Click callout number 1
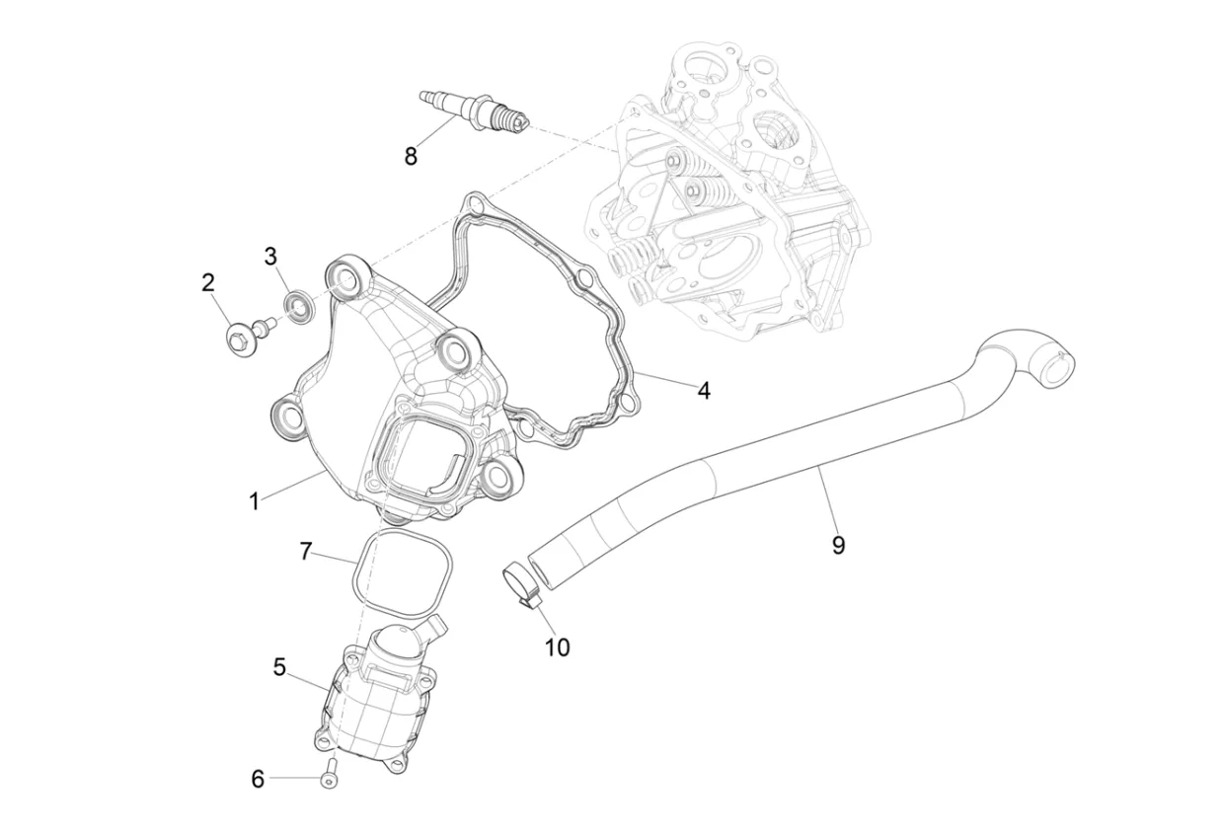(x=255, y=501)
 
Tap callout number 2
(x=207, y=283)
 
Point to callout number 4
(x=703, y=391)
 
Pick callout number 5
(x=279, y=667)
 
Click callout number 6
(x=258, y=779)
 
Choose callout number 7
(x=306, y=551)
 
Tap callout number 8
(x=411, y=156)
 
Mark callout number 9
(x=838, y=545)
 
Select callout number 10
(x=558, y=647)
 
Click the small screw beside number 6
(x=329, y=774)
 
